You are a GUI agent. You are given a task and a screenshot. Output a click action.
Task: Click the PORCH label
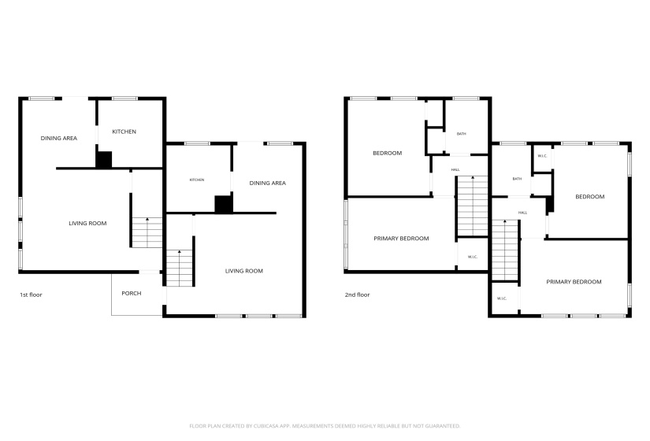tap(132, 294)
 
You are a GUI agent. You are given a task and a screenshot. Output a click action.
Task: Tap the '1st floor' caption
tap(31, 295)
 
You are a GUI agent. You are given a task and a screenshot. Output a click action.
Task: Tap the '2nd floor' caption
tap(358, 295)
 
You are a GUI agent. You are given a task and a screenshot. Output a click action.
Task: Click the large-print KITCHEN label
tap(124, 132)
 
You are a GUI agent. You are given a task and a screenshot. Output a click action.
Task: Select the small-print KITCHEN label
tap(197, 180)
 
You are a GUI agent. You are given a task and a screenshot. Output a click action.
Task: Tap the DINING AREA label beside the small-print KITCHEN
tap(267, 183)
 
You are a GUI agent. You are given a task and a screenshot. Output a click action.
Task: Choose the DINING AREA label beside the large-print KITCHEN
tap(59, 139)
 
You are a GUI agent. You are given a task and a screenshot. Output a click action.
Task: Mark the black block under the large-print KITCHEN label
tap(104, 160)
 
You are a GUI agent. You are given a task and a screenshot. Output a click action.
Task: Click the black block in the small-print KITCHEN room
tap(224, 204)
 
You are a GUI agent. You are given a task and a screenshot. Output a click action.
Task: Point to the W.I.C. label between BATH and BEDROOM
tap(542, 156)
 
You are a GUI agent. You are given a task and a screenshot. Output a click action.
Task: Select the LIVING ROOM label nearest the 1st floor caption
tap(87, 224)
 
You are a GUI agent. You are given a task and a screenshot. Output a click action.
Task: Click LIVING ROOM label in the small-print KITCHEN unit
tap(243, 271)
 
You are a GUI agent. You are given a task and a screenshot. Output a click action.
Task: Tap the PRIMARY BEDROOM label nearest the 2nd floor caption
tap(401, 239)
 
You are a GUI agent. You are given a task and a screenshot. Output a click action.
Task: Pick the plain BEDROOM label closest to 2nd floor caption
tap(387, 154)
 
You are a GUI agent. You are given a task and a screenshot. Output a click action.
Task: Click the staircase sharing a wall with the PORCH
tap(180, 269)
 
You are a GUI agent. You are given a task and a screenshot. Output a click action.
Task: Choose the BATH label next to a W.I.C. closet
tap(517, 179)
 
